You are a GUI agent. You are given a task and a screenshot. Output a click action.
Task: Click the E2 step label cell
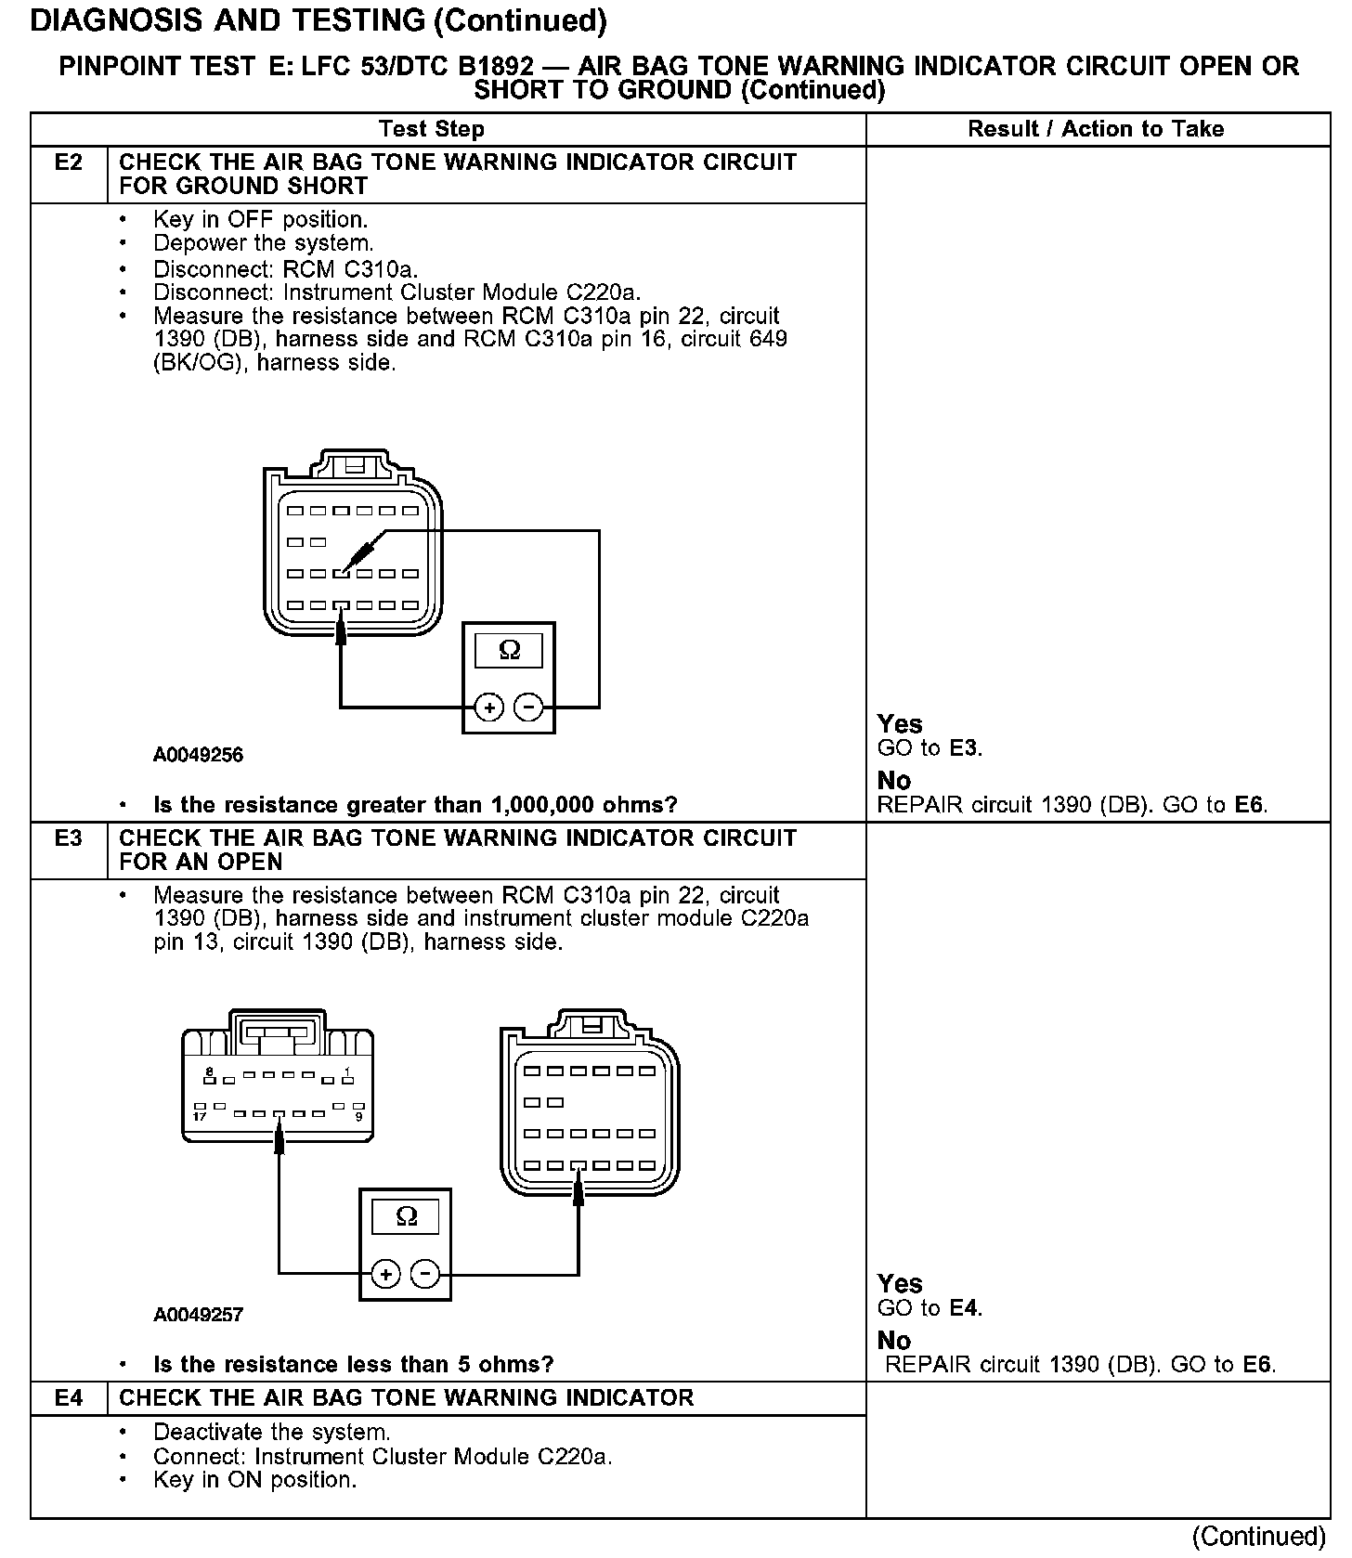point(69,163)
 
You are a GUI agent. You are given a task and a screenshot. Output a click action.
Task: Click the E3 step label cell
point(69,839)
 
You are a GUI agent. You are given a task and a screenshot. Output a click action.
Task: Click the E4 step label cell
point(69,1398)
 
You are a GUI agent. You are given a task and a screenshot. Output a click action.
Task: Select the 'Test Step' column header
point(431,129)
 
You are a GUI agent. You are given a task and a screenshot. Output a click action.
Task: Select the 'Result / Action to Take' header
point(1096,129)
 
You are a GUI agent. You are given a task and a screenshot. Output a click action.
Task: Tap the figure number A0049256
point(198,756)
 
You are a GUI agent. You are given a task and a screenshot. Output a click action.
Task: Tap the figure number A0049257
point(198,1315)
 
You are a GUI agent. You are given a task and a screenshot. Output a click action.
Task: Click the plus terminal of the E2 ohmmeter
point(488,708)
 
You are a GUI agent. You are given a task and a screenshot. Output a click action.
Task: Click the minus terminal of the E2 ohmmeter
point(528,708)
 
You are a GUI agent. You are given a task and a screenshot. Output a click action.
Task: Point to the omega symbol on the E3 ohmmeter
point(406,1216)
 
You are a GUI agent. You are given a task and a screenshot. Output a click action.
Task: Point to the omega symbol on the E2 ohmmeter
point(509,650)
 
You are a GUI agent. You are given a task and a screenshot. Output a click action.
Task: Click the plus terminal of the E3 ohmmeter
point(385,1274)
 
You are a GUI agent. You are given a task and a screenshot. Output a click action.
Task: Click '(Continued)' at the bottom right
point(1258,1536)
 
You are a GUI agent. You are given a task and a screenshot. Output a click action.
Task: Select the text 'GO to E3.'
point(929,748)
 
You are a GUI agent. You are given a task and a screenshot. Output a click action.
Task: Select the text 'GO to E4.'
point(929,1308)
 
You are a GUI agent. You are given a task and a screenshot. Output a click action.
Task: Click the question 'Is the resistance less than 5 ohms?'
point(353,1364)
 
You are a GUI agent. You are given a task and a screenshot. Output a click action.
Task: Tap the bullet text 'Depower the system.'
point(264,243)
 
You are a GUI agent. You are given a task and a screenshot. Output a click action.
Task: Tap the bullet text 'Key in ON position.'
point(254,1480)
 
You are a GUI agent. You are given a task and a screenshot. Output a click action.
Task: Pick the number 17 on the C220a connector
point(200,1117)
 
